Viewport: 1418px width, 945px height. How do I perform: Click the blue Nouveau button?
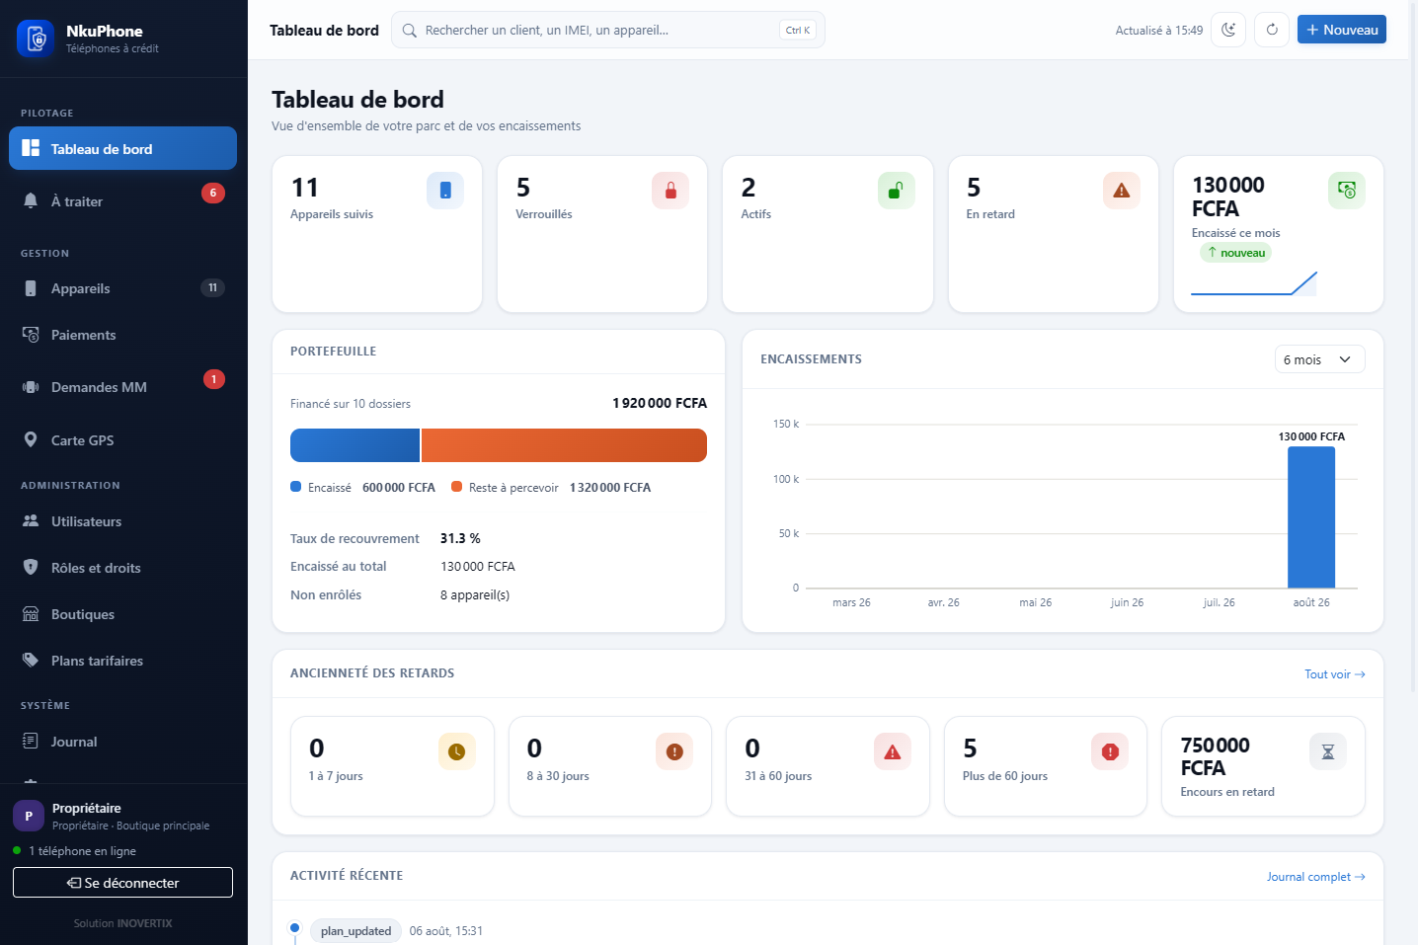click(x=1341, y=30)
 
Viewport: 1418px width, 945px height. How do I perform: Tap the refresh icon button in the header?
click(x=1272, y=30)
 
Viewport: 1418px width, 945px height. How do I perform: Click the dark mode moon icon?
click(x=1228, y=30)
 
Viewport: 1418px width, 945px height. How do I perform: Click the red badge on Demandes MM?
click(x=214, y=379)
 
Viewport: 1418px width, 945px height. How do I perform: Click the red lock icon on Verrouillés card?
click(x=670, y=190)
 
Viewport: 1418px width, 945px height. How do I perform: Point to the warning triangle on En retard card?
click(x=1121, y=190)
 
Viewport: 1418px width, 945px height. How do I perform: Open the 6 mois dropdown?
click(x=1319, y=359)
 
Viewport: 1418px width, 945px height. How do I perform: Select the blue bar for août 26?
click(x=1311, y=517)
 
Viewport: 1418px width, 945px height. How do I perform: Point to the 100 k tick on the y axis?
click(x=786, y=479)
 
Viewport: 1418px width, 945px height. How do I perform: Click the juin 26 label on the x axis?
click(x=1127, y=602)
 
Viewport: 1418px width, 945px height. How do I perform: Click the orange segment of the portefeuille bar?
click(x=564, y=445)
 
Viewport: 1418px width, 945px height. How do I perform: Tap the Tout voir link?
click(x=1334, y=674)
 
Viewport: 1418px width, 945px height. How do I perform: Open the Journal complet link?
click(x=1315, y=877)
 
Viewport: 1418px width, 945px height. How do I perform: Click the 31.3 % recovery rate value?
click(x=460, y=538)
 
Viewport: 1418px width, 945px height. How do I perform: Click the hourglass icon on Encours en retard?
click(x=1327, y=751)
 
